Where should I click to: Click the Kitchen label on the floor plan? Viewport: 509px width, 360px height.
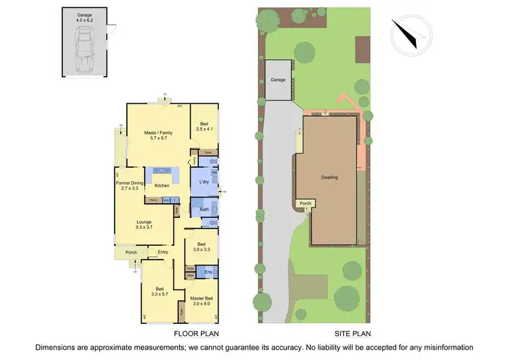[162, 185]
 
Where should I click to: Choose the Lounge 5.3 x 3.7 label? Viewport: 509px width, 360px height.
[144, 225]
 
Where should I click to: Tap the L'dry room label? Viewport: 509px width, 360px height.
[203, 182]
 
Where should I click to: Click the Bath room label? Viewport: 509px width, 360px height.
[204, 210]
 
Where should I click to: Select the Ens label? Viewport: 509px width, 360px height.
[208, 271]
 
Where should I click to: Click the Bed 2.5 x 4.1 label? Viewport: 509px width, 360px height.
[204, 126]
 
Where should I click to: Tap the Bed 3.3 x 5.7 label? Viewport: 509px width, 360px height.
[159, 292]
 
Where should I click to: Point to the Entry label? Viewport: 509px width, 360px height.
[163, 253]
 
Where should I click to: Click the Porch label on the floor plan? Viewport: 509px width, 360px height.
[132, 253]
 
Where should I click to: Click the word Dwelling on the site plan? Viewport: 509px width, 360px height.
[329, 177]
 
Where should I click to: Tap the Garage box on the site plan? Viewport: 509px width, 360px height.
[278, 80]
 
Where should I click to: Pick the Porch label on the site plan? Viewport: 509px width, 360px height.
[305, 202]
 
